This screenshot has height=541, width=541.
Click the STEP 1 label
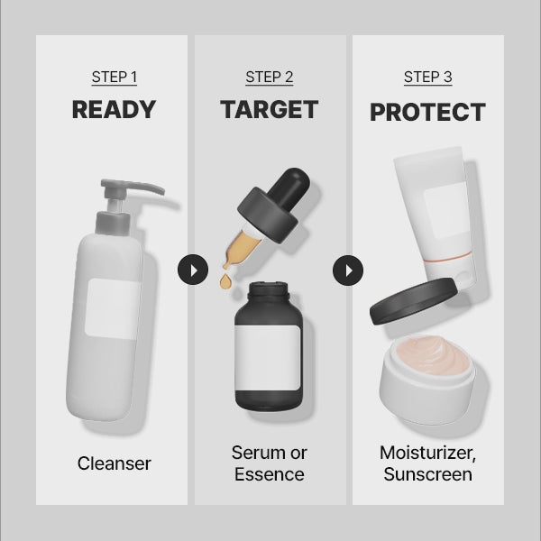115,77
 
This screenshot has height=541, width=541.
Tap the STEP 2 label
270,77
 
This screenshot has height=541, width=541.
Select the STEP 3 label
427,77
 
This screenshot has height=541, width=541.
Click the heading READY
114,110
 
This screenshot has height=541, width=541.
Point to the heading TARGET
269,110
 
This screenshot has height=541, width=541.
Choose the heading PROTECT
427,112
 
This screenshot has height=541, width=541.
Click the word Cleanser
115,463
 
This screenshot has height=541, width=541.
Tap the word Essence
270,474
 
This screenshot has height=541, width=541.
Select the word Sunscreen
427,474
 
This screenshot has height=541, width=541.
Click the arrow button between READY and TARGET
193,270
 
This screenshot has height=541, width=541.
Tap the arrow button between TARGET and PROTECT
348,270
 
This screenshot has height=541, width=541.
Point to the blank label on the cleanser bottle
112,308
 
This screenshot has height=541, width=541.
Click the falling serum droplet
225,281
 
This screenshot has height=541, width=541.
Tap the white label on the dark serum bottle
268,358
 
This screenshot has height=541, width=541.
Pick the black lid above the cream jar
413,301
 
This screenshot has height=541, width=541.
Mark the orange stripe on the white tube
448,257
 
